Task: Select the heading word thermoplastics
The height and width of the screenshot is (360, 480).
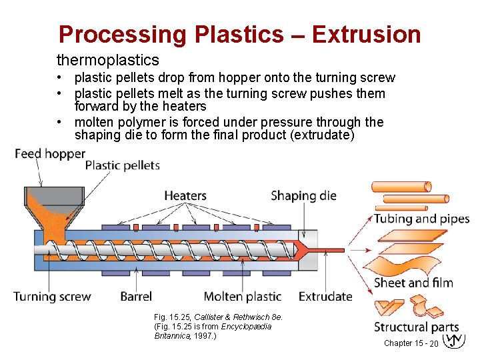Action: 108,61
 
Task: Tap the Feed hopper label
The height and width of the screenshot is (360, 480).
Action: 50,154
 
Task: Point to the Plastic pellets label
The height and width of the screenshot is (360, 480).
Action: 123,165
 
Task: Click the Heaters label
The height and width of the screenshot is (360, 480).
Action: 185,196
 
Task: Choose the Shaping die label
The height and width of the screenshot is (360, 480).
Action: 303,196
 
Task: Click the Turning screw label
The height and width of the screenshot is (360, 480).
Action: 52,297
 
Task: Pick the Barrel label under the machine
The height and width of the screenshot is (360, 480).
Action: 136,297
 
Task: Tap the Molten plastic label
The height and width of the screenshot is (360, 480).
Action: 242,297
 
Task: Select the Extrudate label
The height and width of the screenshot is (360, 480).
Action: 325,297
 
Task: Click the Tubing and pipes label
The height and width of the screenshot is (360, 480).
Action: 421,219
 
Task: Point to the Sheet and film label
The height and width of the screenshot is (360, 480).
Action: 413,283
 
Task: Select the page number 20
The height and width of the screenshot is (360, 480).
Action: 433,343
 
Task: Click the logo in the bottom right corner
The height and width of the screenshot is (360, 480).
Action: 453,340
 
